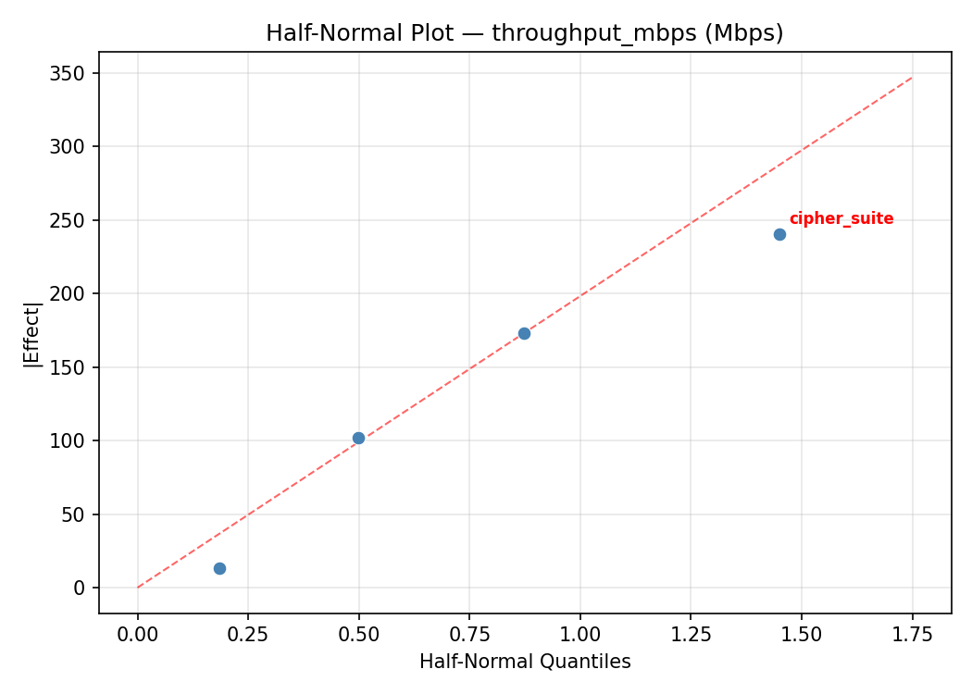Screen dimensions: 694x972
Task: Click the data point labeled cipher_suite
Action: pyautogui.click(x=779, y=234)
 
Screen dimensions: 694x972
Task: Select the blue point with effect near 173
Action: pyautogui.click(x=524, y=333)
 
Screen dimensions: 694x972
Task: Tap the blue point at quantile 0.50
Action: pyautogui.click(x=358, y=438)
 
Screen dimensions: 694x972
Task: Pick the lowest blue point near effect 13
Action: pyautogui.click(x=219, y=568)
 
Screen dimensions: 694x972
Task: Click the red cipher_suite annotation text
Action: pyautogui.click(x=841, y=219)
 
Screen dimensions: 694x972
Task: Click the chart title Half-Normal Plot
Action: pyautogui.click(x=524, y=33)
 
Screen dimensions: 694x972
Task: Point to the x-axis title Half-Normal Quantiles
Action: pyautogui.click(x=525, y=662)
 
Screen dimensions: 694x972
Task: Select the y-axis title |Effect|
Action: pyautogui.click(x=32, y=333)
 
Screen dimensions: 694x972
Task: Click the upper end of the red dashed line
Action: pyautogui.click(x=912, y=78)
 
